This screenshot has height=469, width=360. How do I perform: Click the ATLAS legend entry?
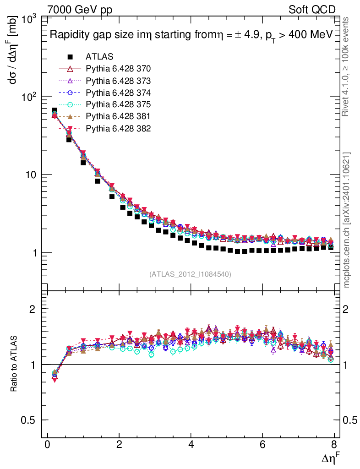[x=99, y=57]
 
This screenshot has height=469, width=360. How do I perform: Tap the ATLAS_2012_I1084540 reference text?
[x=190, y=274]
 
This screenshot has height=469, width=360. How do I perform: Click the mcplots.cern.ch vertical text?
[x=347, y=220]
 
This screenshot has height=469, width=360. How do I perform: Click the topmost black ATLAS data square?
[x=55, y=111]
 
